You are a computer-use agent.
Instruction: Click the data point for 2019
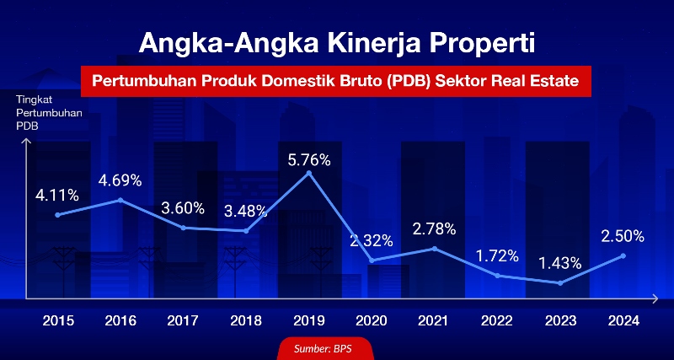click(308, 173)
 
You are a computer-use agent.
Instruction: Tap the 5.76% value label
click(309, 160)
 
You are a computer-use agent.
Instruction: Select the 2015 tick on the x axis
click(58, 321)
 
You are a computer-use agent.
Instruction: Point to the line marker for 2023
click(560, 283)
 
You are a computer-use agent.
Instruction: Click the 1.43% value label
click(560, 263)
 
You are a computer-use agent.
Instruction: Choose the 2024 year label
click(623, 321)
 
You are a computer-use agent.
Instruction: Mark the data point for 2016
click(120, 200)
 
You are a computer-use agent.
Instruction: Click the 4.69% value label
click(120, 180)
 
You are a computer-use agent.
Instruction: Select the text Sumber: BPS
click(323, 348)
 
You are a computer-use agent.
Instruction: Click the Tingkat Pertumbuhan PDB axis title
click(49, 113)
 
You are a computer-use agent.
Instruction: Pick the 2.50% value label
click(623, 236)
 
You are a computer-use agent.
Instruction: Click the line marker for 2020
click(372, 261)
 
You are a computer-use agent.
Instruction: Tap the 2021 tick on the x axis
click(433, 321)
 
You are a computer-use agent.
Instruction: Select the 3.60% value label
click(183, 208)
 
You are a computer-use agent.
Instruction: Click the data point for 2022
click(498, 276)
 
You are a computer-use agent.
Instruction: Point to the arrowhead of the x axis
click(655, 298)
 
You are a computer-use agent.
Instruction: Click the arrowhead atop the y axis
click(27, 141)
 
